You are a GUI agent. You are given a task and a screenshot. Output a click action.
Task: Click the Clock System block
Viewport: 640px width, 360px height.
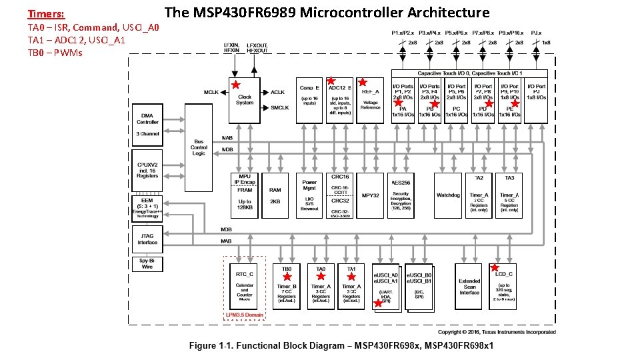[x=245, y=99]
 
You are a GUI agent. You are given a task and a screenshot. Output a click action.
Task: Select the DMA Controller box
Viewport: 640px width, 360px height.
[x=147, y=120]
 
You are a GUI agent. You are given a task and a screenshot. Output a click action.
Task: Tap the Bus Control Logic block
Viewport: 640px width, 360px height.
[x=199, y=147]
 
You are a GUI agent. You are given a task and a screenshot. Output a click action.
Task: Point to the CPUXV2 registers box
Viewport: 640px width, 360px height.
[x=147, y=170]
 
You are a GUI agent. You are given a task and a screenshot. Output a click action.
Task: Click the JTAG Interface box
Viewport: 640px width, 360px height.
[x=147, y=238]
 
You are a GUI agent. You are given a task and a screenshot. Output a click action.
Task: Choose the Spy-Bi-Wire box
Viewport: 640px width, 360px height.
[x=147, y=263]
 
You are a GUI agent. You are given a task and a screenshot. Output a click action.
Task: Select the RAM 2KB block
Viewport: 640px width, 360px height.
[x=275, y=195]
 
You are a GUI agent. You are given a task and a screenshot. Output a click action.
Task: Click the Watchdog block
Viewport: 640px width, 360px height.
[x=448, y=195]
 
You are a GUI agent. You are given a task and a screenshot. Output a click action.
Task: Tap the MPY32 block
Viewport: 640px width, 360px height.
[x=370, y=195]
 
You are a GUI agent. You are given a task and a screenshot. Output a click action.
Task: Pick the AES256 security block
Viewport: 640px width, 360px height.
[x=401, y=195]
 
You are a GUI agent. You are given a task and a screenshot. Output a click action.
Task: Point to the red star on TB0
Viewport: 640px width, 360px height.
[x=287, y=276]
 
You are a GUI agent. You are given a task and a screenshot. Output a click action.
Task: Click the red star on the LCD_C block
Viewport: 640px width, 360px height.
[x=495, y=268]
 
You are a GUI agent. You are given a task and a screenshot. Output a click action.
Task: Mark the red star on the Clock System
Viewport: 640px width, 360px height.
[x=235, y=85]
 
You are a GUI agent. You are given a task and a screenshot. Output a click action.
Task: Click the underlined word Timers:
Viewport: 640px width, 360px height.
[x=46, y=13]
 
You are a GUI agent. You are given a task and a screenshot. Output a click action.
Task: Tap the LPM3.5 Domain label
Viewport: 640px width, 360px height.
[x=244, y=315]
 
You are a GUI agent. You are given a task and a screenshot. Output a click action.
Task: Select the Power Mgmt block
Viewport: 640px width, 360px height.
[x=309, y=195]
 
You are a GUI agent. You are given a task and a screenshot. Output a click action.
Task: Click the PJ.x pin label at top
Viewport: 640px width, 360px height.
[x=535, y=32]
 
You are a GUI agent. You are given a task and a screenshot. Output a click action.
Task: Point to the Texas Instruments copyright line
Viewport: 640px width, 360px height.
[x=496, y=331]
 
